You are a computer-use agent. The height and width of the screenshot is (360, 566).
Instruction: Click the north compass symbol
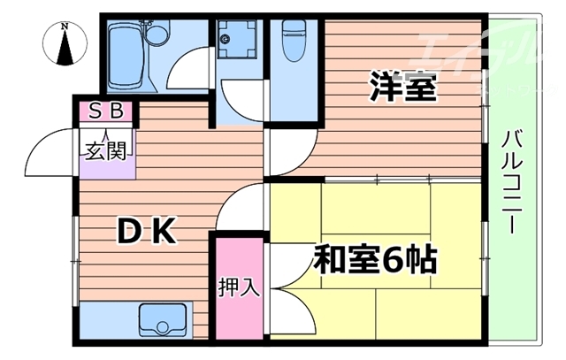(x=65, y=46)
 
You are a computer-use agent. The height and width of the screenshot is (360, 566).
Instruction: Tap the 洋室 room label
(x=402, y=88)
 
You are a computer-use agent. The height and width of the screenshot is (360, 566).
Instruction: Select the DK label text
(x=149, y=232)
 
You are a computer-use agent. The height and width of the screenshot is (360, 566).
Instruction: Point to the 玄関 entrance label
(x=104, y=150)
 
